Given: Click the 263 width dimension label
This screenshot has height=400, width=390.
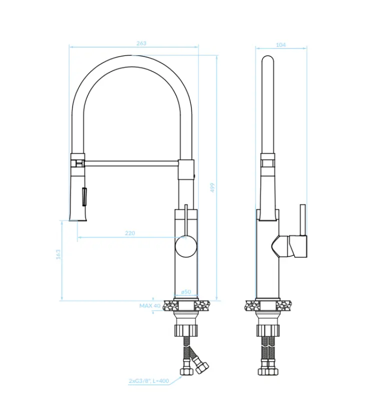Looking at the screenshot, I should coord(141,43).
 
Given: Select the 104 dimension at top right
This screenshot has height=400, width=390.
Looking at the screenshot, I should coord(281,45).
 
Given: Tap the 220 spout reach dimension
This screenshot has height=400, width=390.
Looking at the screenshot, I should coord(130,233).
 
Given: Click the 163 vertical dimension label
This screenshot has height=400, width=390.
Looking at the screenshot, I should coord(58,254).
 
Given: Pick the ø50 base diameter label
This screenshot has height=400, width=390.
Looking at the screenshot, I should coord(186,291).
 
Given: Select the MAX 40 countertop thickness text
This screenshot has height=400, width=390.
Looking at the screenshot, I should coord(150,305).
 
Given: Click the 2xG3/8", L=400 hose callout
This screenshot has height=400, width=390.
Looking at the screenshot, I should coord(148,381).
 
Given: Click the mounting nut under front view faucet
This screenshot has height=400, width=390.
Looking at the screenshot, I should coord(186,330).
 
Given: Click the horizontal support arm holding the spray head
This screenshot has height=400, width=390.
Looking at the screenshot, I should coord(132,163).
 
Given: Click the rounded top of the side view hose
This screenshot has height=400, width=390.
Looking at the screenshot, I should coord(268,59).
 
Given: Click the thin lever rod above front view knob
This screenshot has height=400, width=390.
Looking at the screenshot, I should coord(186,220).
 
